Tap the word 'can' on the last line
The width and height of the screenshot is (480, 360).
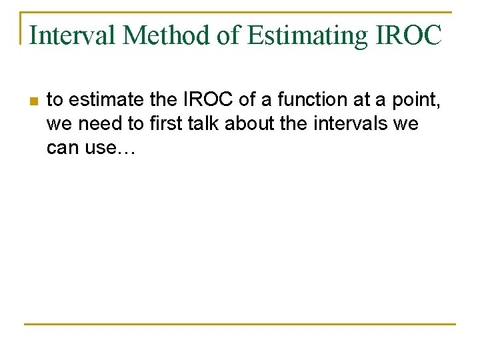pyautogui.click(x=62, y=149)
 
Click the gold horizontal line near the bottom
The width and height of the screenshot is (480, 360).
pyautogui.click(x=240, y=324)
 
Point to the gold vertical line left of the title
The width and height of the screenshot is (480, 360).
pyautogui.click(x=21, y=28)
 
